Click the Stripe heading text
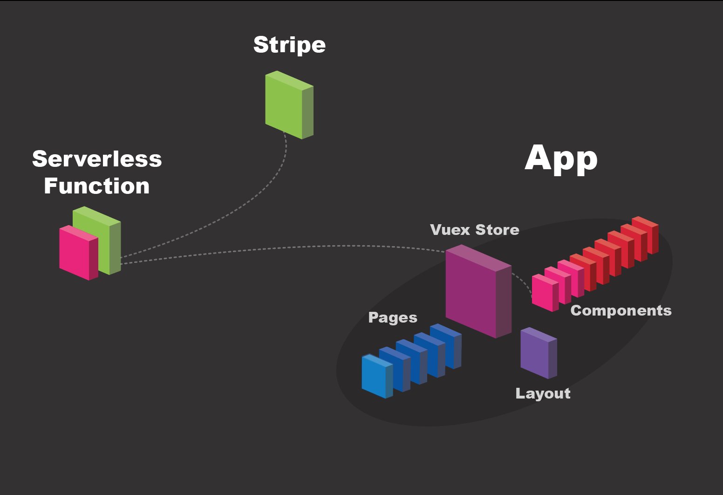click(x=289, y=45)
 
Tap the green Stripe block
click(x=289, y=105)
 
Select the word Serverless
click(x=97, y=159)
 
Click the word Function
click(x=97, y=186)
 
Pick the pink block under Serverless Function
click(x=78, y=253)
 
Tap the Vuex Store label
click(x=475, y=230)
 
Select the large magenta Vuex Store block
click(x=479, y=291)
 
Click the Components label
click(x=621, y=310)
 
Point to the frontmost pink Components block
click(x=545, y=293)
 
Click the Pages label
click(x=393, y=317)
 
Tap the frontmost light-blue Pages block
click(x=377, y=377)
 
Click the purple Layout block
click(x=539, y=353)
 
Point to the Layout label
click(x=543, y=393)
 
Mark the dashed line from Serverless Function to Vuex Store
click(x=281, y=247)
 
